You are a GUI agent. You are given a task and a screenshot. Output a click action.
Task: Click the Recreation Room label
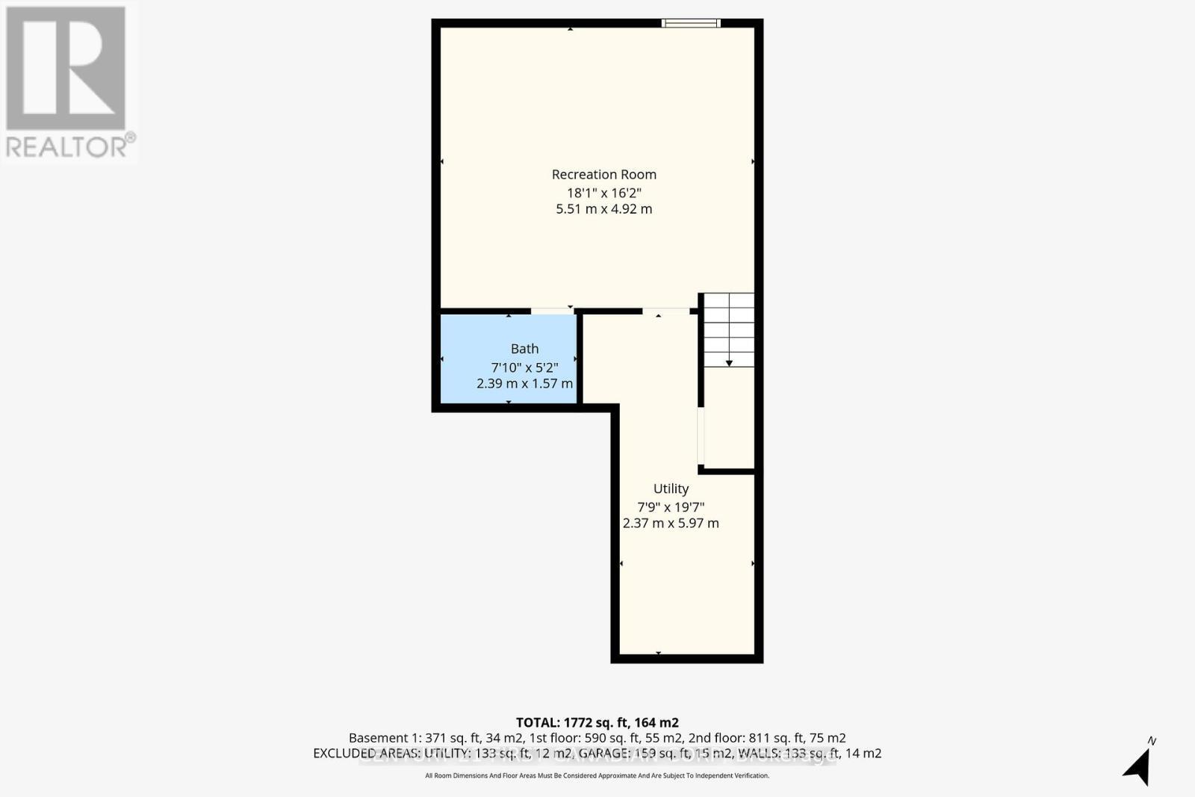click(603, 175)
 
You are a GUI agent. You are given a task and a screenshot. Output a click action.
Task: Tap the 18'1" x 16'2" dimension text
click(603, 193)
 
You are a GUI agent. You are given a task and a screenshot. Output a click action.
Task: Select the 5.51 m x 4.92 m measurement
click(603, 209)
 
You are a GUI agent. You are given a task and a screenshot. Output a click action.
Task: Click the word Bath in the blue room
click(524, 349)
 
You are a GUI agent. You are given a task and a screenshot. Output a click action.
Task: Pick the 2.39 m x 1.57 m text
click(524, 384)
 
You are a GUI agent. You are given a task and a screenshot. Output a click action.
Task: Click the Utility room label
click(671, 489)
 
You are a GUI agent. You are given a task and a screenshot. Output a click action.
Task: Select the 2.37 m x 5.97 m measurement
click(671, 524)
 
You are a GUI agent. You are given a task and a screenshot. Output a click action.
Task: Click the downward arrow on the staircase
click(729, 362)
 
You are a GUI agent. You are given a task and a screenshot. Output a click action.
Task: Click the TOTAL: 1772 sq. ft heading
click(597, 722)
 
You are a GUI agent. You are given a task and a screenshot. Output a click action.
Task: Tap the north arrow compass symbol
click(1138, 766)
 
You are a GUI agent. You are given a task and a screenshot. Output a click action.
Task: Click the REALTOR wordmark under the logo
click(69, 146)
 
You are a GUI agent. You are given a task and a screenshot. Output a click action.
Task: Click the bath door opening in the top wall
click(553, 311)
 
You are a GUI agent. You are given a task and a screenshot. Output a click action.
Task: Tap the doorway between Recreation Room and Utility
click(665, 311)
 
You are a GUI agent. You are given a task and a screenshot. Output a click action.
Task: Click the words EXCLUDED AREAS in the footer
click(367, 753)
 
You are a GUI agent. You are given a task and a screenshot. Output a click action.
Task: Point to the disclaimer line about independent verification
click(597, 775)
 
